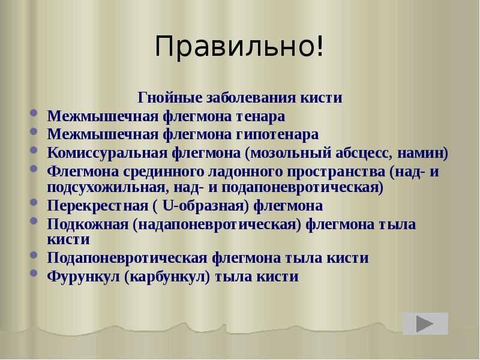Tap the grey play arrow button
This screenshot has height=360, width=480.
(x=425, y=324)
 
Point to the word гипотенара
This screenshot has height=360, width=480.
(x=278, y=133)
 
